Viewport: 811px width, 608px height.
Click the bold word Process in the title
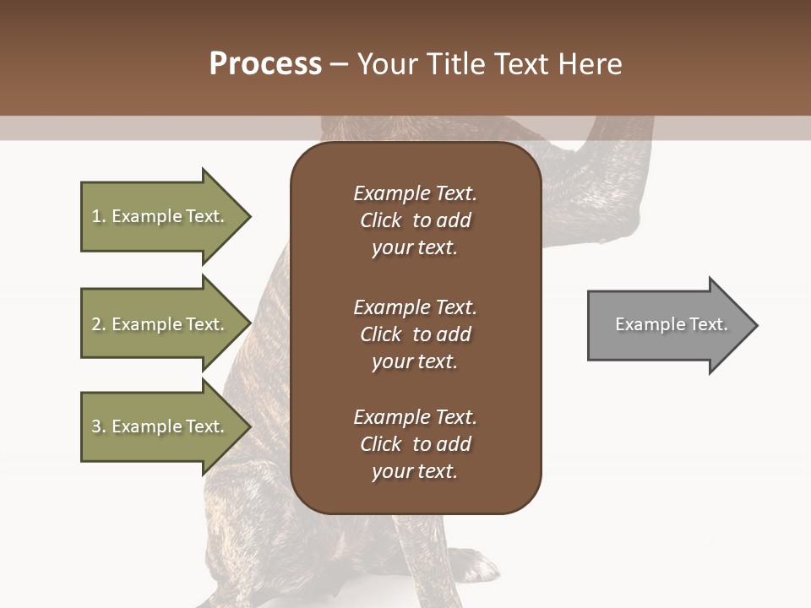coord(265,64)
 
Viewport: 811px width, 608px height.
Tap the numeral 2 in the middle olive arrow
coord(96,324)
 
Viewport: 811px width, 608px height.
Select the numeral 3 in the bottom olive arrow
coord(96,426)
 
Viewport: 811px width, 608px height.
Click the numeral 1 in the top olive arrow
coord(96,216)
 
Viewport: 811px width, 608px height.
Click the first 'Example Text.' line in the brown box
coord(415,193)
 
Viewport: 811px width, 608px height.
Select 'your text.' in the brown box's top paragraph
coord(415,248)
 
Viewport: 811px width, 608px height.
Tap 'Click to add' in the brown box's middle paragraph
coord(415,334)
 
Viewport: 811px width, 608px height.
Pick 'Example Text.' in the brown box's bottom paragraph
coord(415,417)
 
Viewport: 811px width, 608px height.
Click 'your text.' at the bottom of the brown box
coord(415,472)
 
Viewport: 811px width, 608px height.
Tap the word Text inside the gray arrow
coord(708,324)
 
